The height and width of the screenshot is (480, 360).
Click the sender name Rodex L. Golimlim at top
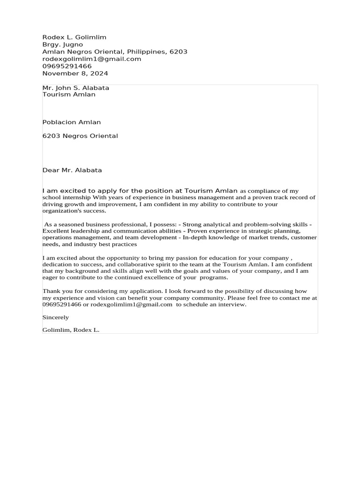click(74, 37)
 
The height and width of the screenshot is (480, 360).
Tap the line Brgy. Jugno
click(62, 45)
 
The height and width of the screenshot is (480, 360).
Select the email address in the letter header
click(91, 59)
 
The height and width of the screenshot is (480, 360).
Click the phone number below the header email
click(67, 66)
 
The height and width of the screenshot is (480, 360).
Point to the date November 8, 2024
click(75, 74)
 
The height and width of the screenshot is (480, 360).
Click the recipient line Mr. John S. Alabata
click(75, 88)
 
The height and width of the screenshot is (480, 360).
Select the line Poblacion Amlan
click(71, 122)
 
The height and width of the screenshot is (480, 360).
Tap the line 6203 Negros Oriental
click(80, 136)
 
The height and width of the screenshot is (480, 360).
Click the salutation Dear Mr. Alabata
click(72, 170)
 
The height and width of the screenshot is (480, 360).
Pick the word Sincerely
click(55, 317)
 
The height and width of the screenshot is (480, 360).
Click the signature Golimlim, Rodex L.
click(71, 330)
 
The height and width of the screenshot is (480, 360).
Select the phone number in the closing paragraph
click(61, 304)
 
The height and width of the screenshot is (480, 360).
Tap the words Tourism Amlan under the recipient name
click(68, 95)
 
